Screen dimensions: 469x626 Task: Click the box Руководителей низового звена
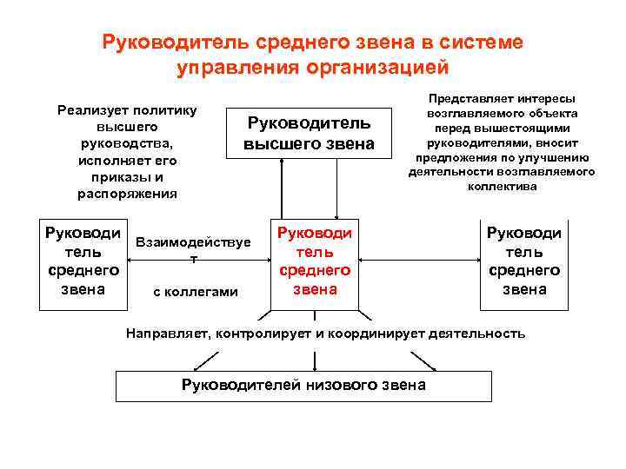[x=303, y=386]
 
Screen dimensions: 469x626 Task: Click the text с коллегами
[x=195, y=292]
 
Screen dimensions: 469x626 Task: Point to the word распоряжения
[x=127, y=194]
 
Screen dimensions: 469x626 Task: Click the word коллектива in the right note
[x=502, y=186]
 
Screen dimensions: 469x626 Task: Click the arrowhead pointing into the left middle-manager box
[x=132, y=259]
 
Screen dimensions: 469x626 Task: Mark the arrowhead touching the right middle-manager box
[x=477, y=259]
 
